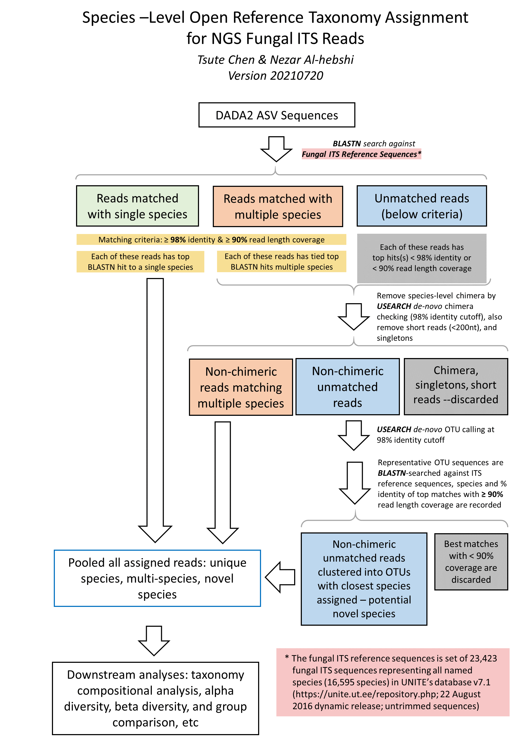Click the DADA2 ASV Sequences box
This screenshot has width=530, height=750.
(277, 115)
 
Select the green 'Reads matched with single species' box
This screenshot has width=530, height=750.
(138, 206)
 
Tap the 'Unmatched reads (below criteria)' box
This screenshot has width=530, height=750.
(422, 206)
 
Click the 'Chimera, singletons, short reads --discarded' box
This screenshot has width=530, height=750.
(456, 387)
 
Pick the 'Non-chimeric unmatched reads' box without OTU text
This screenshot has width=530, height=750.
(347, 387)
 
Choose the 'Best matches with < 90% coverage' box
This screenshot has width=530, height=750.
(471, 562)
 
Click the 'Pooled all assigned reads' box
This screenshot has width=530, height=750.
(157, 578)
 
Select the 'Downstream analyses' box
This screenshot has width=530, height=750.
(156, 698)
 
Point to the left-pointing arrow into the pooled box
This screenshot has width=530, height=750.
(280, 577)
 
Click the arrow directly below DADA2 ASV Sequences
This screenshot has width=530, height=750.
(276, 149)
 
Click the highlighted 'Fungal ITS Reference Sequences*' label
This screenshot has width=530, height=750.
(361, 154)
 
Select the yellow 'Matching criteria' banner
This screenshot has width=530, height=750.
(211, 239)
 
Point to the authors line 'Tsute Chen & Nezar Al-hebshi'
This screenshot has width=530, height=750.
(276, 60)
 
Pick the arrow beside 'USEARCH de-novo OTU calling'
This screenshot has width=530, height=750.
(354, 435)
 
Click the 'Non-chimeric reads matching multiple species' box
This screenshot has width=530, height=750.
(241, 387)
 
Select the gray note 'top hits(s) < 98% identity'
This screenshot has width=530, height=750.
(422, 258)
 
